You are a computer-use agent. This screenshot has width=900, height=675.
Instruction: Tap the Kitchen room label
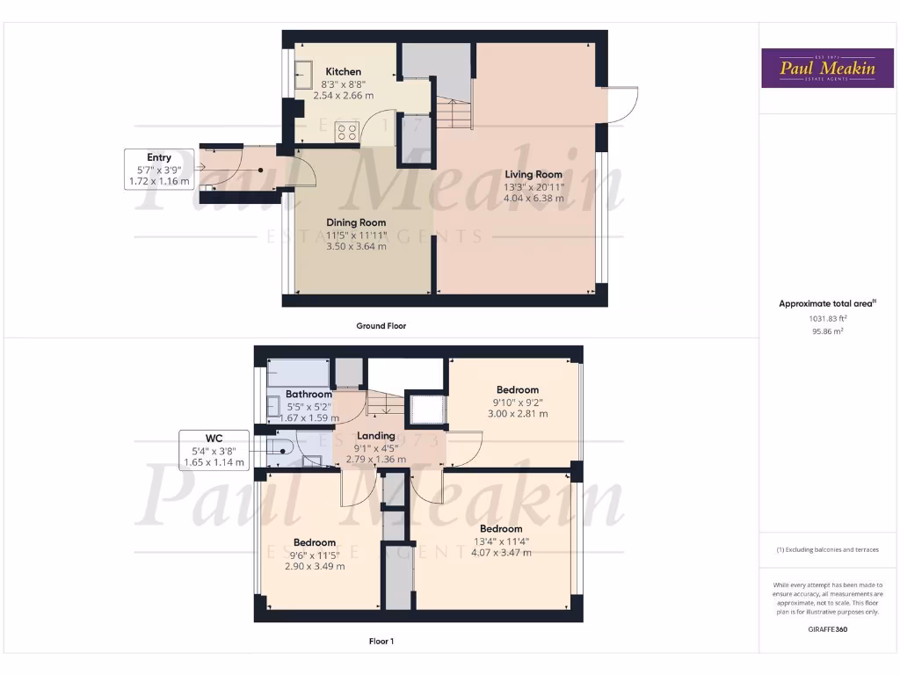click(x=343, y=71)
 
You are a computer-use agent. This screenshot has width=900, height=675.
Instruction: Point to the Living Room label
click(x=533, y=174)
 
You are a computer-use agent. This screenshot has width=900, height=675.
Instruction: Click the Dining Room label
click(x=356, y=222)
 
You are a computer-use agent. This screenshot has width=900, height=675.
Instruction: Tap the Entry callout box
click(x=159, y=170)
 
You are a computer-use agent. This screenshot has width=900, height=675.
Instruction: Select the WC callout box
click(x=214, y=449)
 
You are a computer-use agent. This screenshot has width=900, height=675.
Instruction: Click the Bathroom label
click(x=308, y=395)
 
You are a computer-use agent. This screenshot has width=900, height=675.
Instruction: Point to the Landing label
click(x=376, y=436)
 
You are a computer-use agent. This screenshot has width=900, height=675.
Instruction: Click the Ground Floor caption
click(x=381, y=326)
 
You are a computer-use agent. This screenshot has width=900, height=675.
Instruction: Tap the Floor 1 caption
click(x=381, y=642)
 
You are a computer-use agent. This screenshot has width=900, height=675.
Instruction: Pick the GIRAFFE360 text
click(x=826, y=629)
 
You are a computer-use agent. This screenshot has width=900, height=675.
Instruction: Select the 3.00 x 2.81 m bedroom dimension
click(x=517, y=413)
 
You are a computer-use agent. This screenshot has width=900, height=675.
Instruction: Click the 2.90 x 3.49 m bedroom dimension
click(x=315, y=566)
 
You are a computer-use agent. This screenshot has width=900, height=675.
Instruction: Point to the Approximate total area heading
click(x=827, y=303)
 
